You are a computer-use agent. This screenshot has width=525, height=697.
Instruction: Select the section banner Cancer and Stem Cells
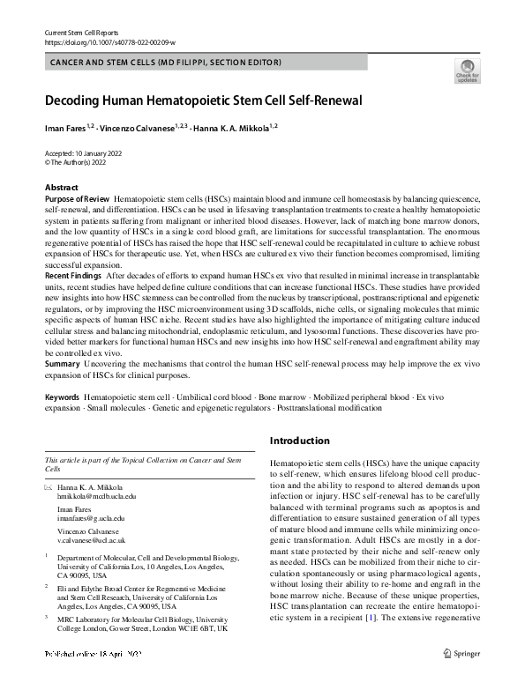pyautogui.click(x=166, y=63)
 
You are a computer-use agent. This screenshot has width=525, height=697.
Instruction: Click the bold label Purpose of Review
pyautogui.click(x=78, y=200)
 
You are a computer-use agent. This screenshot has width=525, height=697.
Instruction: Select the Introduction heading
pyautogui.click(x=300, y=441)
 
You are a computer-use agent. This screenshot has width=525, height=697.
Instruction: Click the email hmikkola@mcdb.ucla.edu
pyautogui.click(x=92, y=497)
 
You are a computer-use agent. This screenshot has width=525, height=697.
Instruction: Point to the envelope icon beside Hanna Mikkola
pyautogui.click(x=49, y=486)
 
